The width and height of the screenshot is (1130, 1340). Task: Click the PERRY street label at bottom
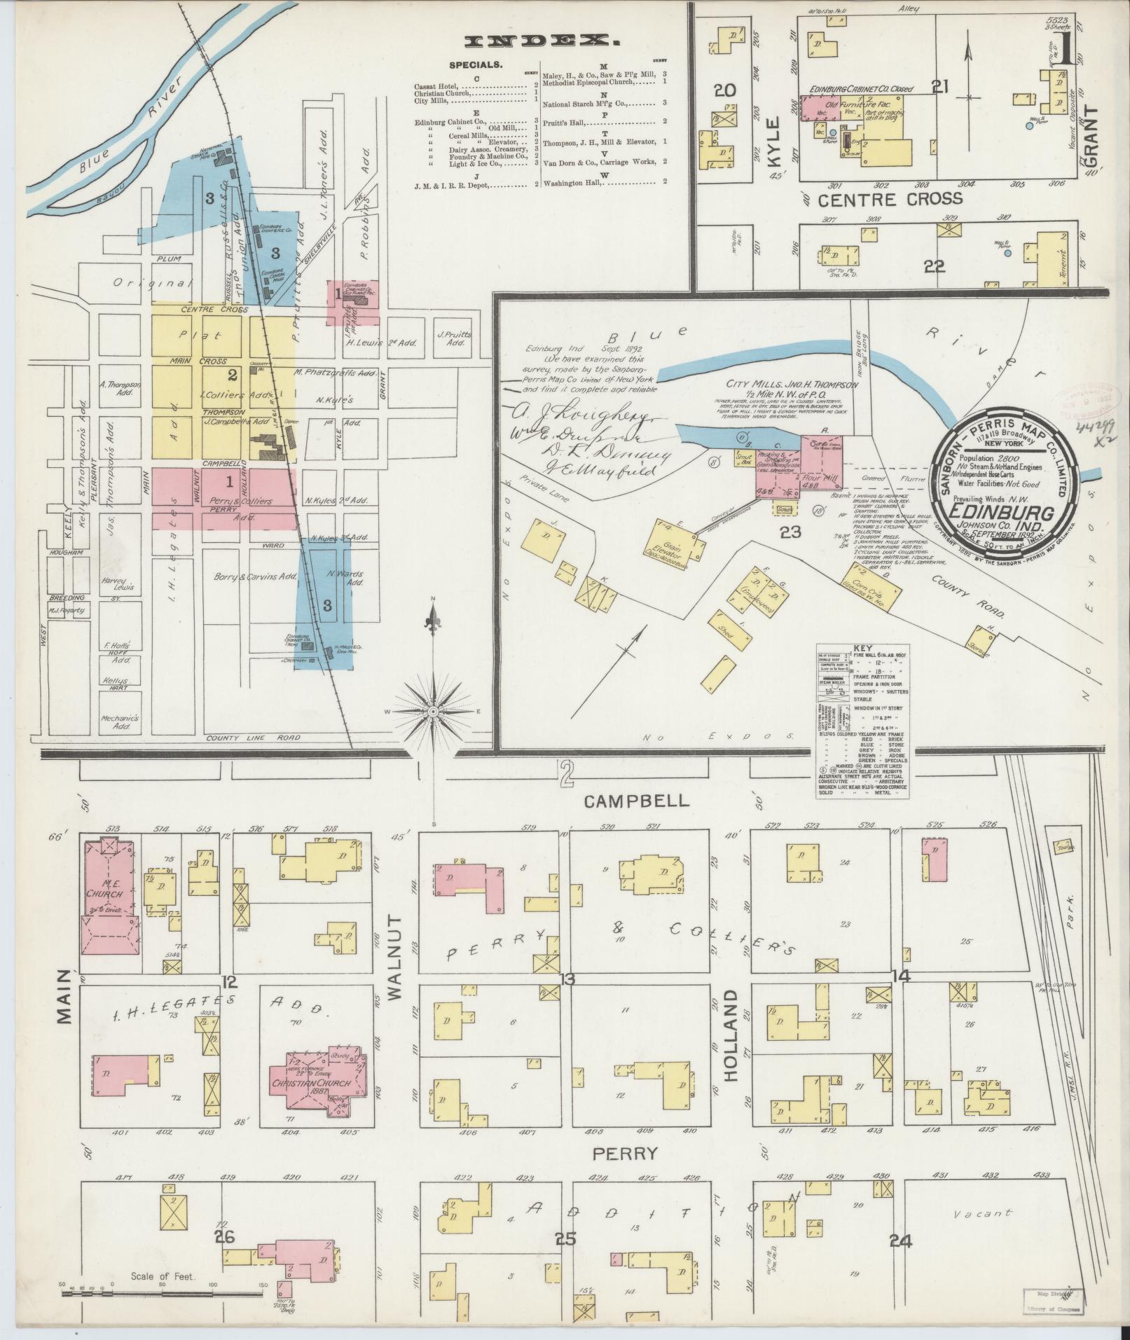[x=625, y=1153]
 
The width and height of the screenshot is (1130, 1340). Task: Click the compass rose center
[x=433, y=711]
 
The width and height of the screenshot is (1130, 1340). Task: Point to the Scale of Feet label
[x=161, y=1276]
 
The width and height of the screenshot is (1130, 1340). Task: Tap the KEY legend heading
[x=862, y=649]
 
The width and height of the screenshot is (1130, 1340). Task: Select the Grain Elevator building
[x=676, y=547]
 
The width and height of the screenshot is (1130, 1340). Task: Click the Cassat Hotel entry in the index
[x=436, y=86]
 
